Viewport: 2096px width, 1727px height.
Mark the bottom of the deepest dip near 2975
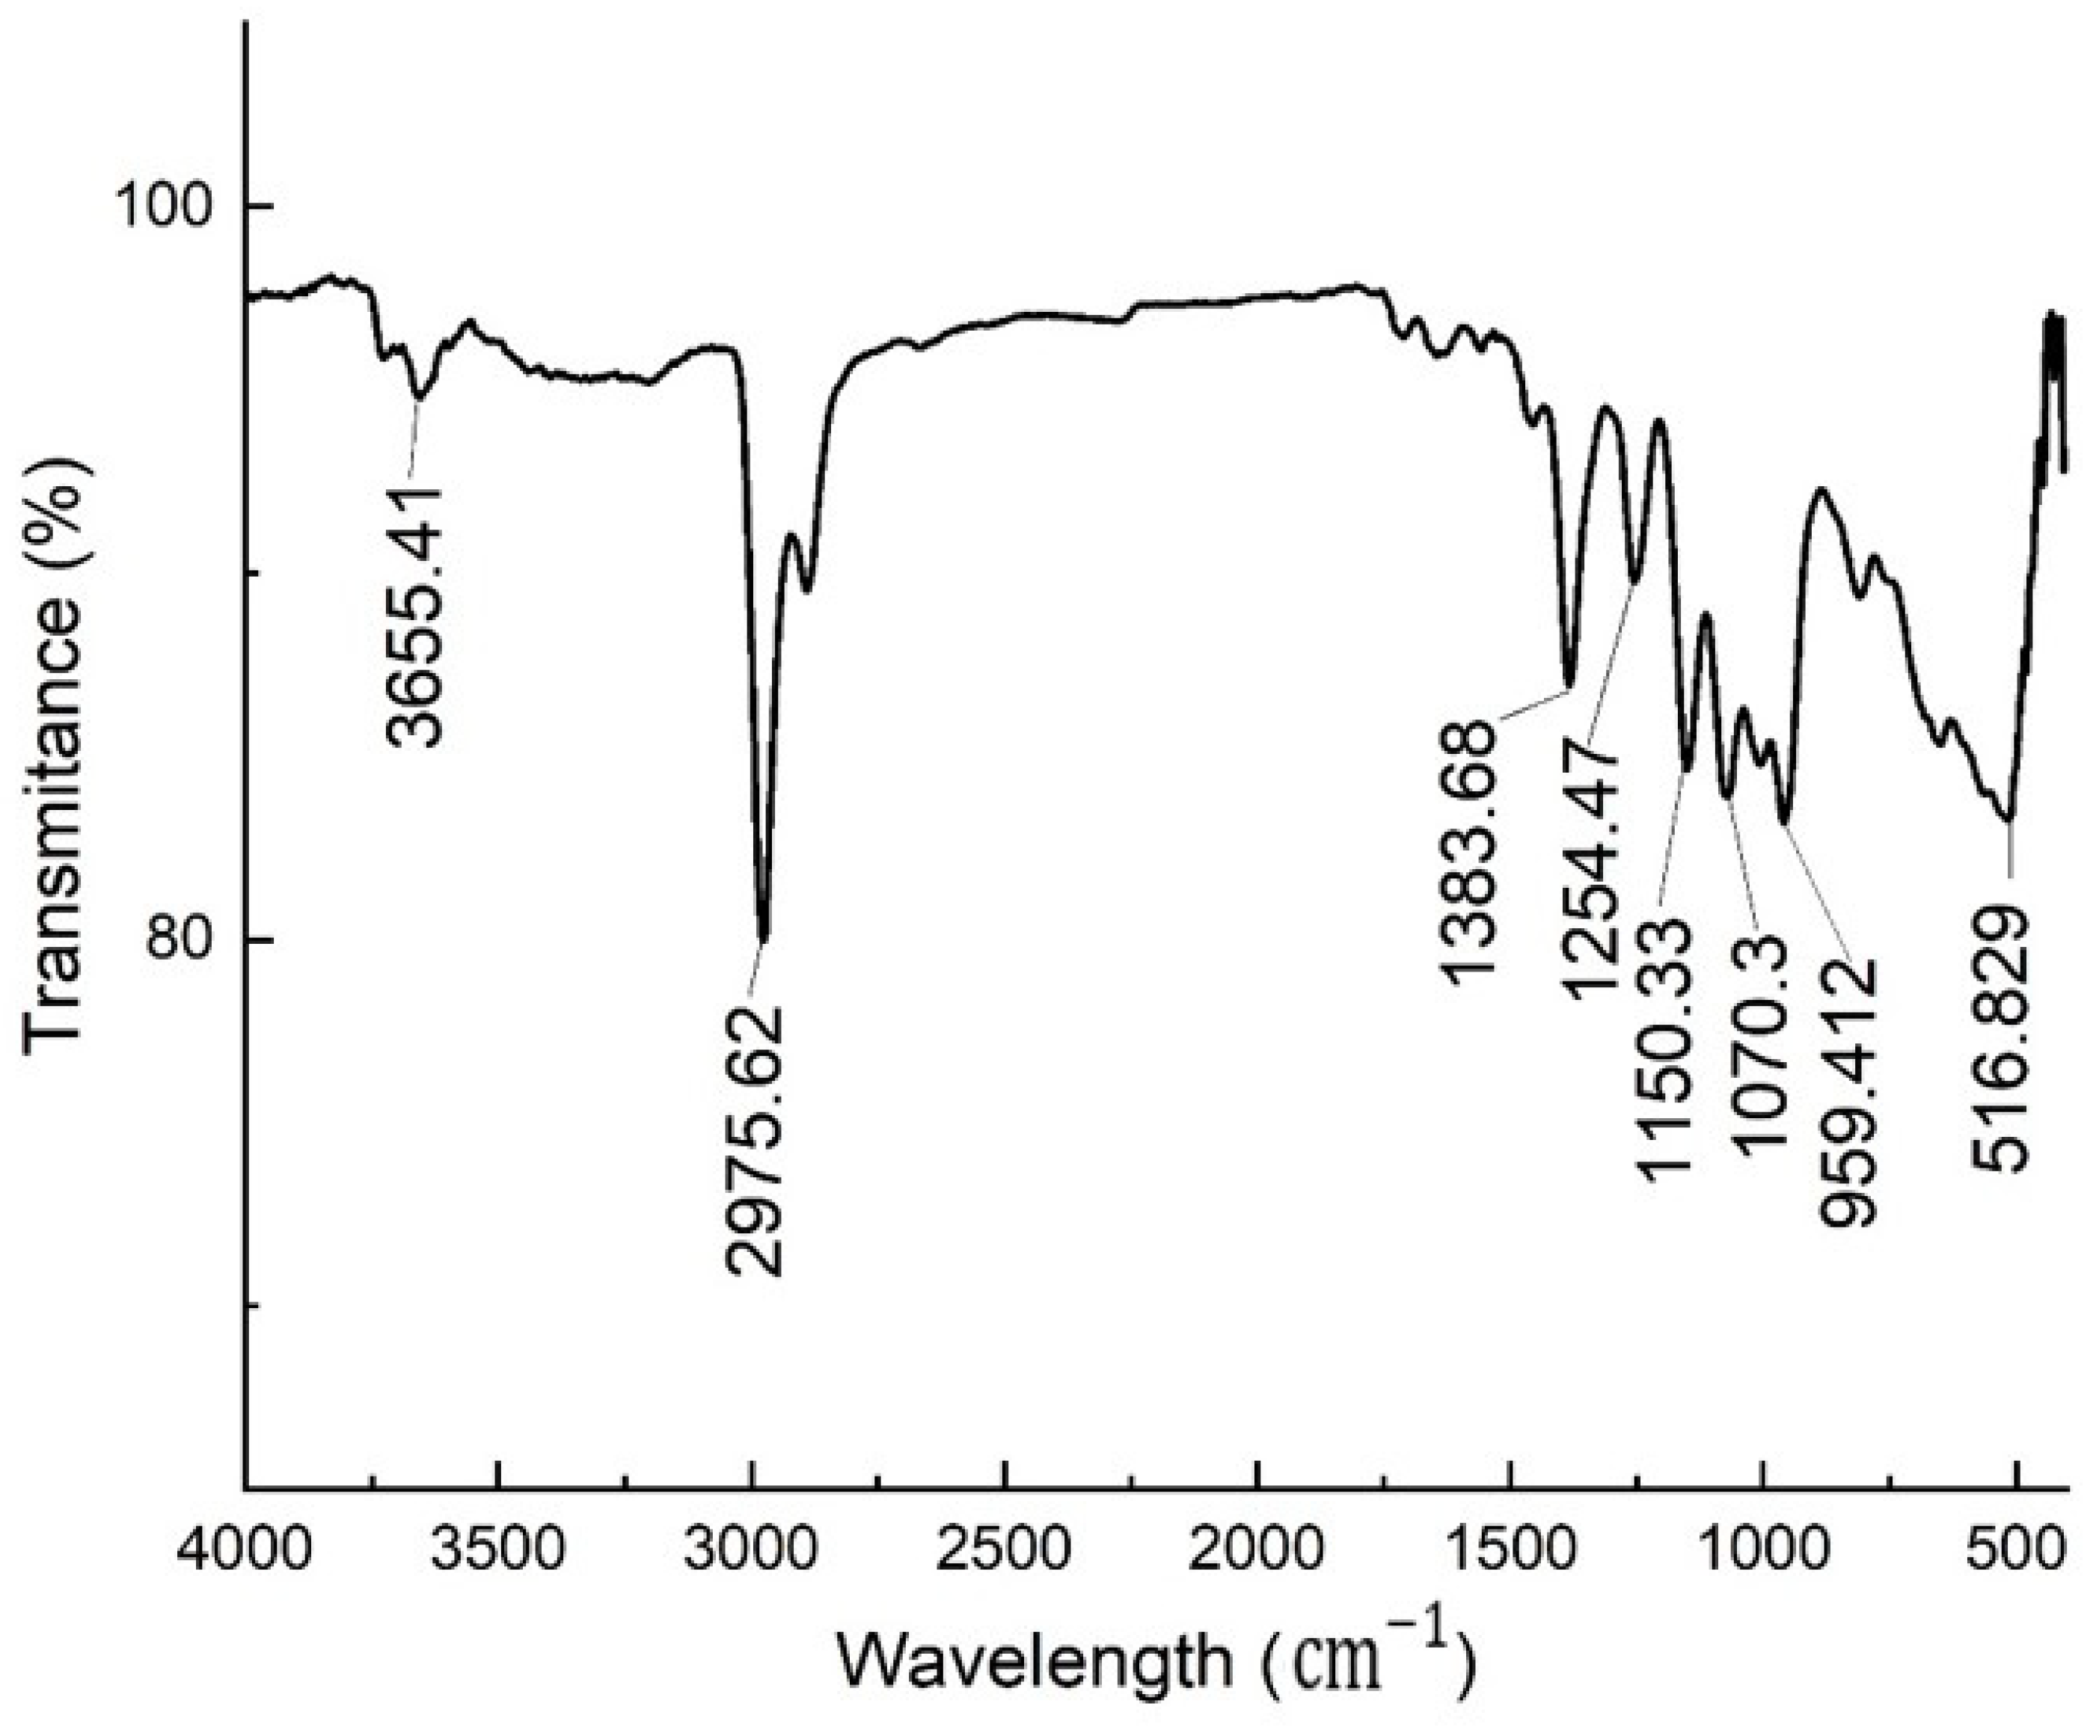click(763, 938)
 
